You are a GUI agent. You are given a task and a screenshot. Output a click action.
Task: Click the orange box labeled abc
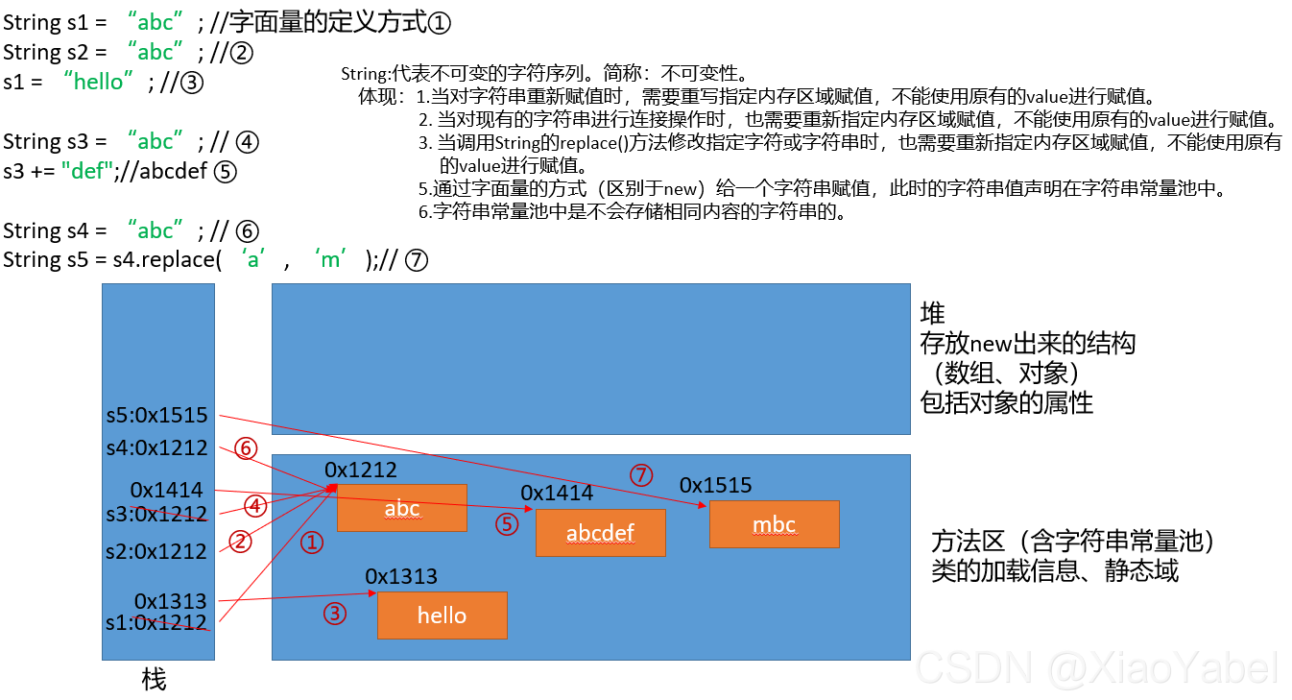coord(401,508)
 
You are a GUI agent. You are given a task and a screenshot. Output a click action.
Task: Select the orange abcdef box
coord(600,533)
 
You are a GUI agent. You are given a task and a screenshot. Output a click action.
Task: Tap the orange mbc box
coord(774,525)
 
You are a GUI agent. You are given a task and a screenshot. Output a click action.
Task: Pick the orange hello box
coord(442,616)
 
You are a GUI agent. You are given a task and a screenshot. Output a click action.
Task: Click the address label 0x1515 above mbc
coord(715,485)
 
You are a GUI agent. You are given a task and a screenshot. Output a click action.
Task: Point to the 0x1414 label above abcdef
coord(557,493)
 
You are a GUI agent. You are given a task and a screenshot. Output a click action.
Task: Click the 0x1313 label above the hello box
coord(401,576)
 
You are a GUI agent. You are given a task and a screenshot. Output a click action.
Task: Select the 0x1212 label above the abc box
coord(361,470)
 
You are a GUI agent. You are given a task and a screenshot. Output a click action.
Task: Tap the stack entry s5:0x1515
coord(156,416)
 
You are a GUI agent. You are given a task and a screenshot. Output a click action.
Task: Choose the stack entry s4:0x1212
coord(156,447)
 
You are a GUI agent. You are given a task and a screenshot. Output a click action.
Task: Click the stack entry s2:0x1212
coord(156,551)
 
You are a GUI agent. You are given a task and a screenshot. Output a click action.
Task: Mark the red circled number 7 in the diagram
coord(640,474)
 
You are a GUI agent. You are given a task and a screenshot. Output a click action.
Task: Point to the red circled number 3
coord(334,614)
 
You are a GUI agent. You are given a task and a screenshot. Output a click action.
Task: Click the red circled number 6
coord(247,448)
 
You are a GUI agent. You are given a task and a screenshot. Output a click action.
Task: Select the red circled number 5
coord(507,524)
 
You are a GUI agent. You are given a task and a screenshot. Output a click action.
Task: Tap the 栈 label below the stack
coord(154,680)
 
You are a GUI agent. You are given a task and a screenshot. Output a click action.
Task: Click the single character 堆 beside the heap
coord(932,313)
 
